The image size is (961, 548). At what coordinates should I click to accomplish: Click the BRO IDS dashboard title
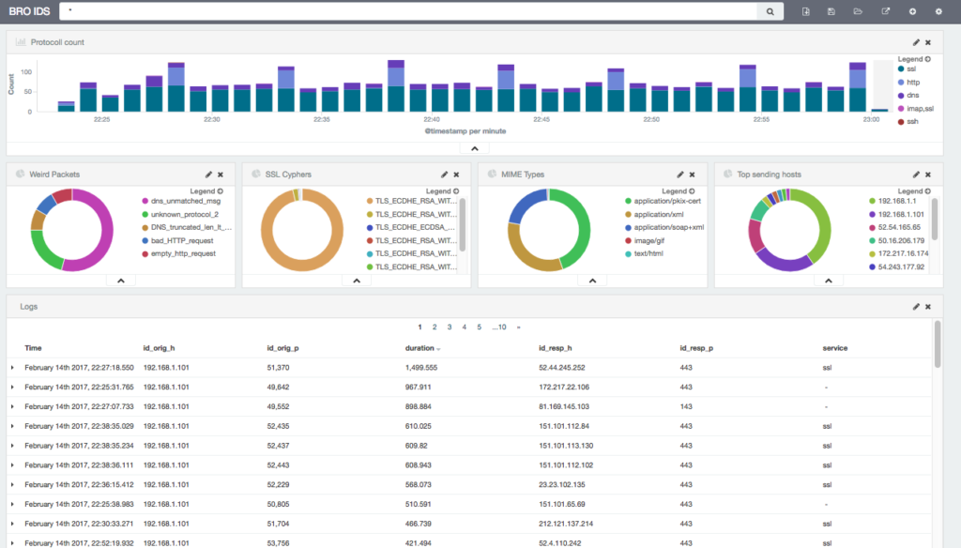(28, 11)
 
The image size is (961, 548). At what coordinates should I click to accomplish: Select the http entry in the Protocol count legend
(912, 82)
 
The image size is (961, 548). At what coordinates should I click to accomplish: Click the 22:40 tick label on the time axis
(432, 120)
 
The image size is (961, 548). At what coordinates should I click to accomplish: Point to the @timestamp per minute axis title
(465, 131)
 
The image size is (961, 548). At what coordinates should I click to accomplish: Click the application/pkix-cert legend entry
(667, 201)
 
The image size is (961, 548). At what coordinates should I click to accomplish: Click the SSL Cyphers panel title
(288, 175)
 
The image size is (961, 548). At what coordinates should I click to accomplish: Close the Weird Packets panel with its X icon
(221, 175)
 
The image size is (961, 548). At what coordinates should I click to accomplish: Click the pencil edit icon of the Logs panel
(916, 307)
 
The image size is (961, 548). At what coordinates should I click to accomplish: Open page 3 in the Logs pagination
(449, 327)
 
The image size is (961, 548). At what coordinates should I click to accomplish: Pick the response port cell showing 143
(686, 407)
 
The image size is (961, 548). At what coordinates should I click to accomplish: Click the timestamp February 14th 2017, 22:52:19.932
(79, 543)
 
